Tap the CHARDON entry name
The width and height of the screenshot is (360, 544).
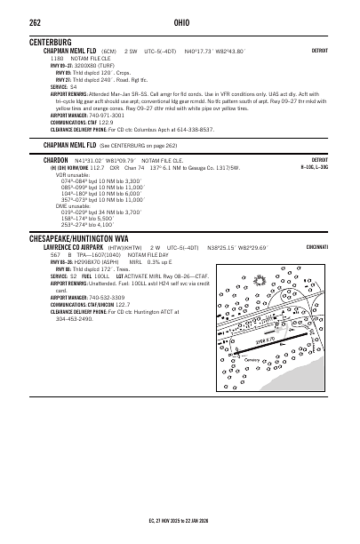tap(58, 159)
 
